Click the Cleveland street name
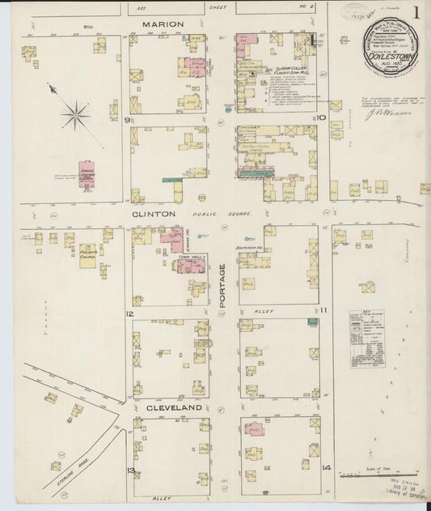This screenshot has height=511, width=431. [x=173, y=409]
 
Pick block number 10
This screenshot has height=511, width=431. [x=321, y=118]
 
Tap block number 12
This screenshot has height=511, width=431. [x=129, y=313]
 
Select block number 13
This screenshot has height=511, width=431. [x=129, y=470]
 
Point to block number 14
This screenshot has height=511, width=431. [x=326, y=468]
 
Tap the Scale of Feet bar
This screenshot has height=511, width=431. [x=378, y=475]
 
